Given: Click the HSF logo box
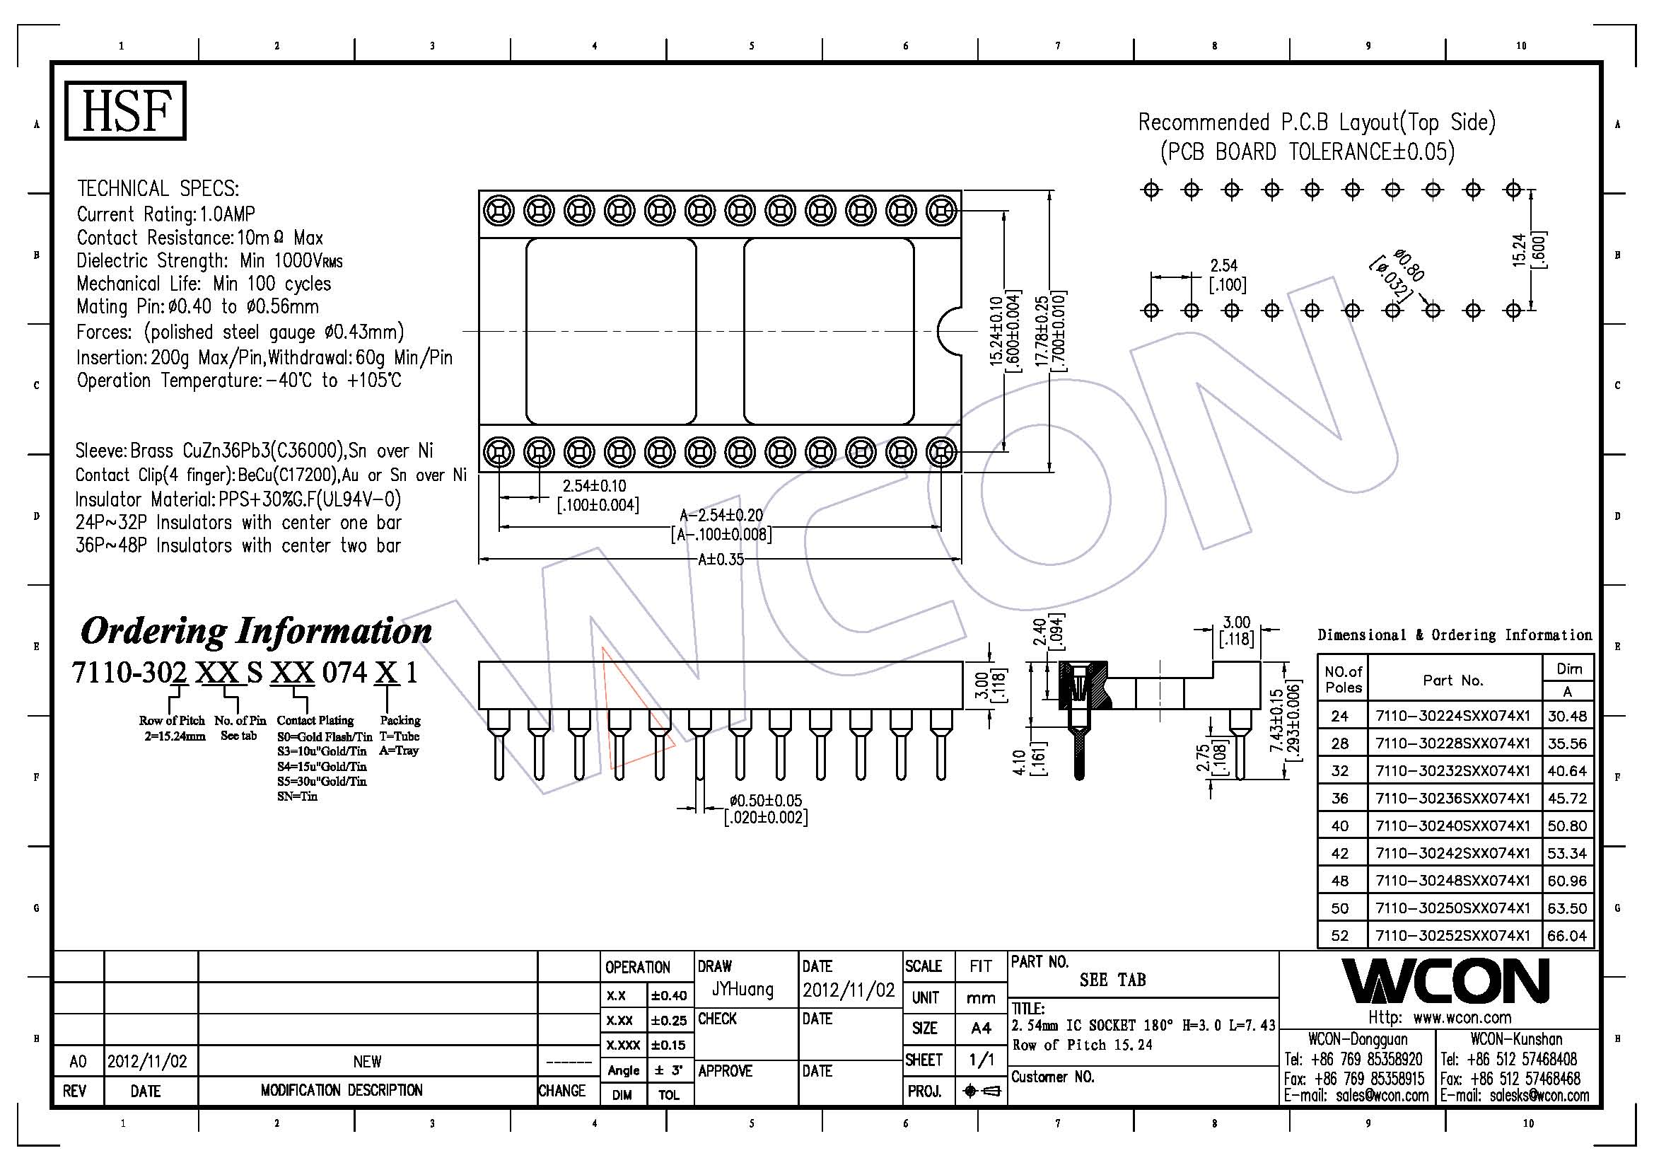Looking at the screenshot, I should pos(125,110).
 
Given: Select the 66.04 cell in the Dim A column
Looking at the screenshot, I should pos(1567,935).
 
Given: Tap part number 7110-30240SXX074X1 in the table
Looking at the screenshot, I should pos(1452,826).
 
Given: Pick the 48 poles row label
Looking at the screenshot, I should pos(1339,881).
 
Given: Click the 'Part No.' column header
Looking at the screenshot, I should pos(1452,680).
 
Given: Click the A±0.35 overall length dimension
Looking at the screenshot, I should pos(721,560).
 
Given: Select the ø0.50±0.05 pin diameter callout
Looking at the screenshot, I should pos(765,801).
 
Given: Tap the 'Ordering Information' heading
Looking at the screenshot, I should pos(256,631).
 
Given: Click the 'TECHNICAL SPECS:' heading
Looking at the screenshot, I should pos(158,189).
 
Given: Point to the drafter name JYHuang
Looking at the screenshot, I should pos(742,989).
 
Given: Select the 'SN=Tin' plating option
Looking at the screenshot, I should pos(297,796).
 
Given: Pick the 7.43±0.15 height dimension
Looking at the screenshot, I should pos(1276,720).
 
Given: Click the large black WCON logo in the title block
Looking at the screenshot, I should pos(1445,981).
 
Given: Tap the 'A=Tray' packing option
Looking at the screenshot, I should pos(398,751).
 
